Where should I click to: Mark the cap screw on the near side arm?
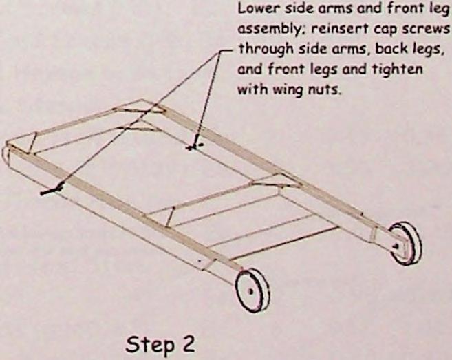pos(52,189)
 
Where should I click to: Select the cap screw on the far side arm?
pos(195,145)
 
